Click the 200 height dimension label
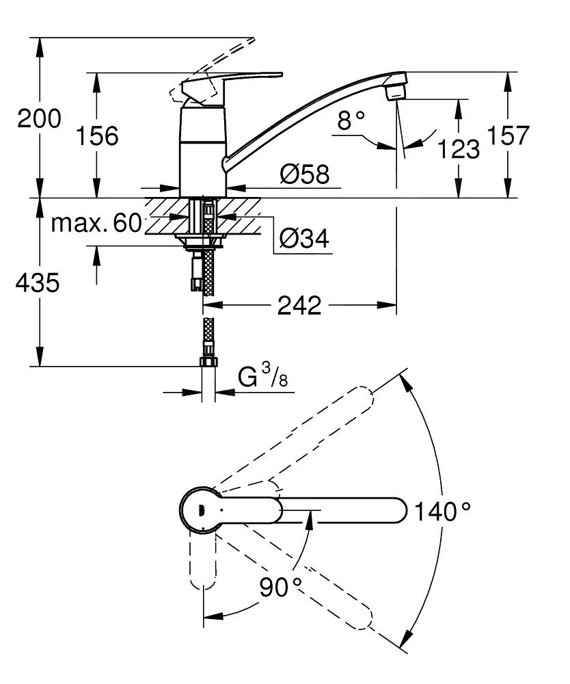click(39, 119)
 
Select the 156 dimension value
click(96, 135)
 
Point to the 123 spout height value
click(457, 148)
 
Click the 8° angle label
click(352, 122)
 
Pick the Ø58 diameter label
click(304, 176)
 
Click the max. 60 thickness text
click(96, 223)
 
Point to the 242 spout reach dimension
click(299, 306)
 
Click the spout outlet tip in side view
click(396, 89)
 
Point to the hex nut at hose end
click(208, 363)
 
